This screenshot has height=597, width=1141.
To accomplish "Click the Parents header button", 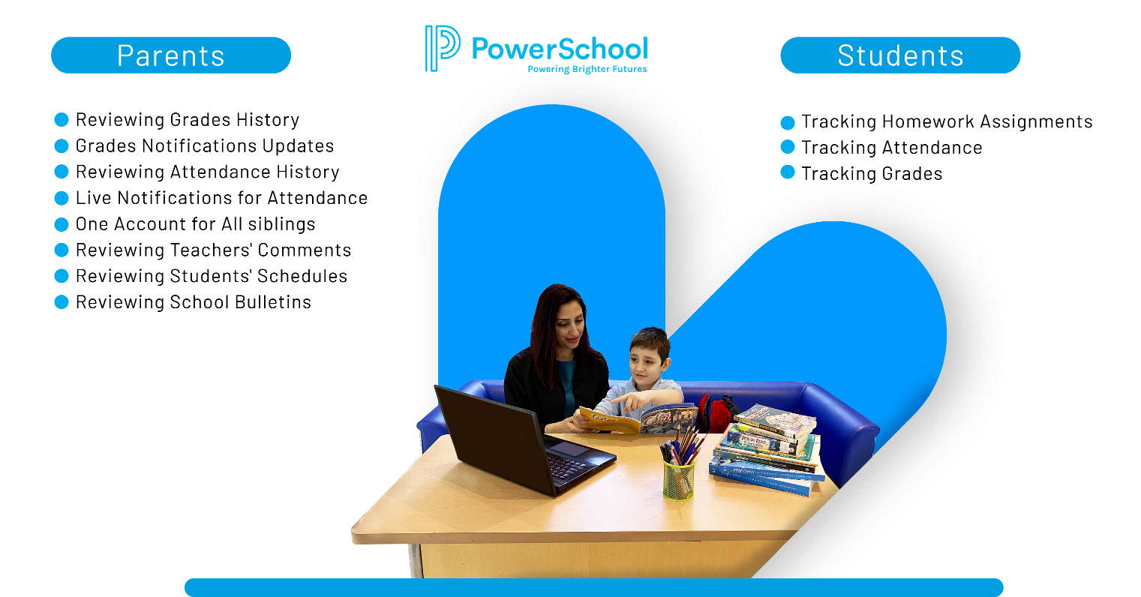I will point(171,55).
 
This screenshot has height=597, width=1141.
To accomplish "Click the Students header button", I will point(900,55).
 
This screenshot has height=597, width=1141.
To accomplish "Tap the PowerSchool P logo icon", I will point(442,48).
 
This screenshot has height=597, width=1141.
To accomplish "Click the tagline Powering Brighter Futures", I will point(587,69).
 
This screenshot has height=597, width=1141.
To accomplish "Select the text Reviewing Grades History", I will point(187,120).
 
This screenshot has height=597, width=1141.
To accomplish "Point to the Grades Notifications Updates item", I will point(204,146).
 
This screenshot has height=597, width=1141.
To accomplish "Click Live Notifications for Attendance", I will point(221,198).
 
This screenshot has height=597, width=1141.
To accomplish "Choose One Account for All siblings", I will point(195,224).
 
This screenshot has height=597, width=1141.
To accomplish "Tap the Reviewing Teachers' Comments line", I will point(213,250).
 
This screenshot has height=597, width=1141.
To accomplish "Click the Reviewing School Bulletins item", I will point(193,302).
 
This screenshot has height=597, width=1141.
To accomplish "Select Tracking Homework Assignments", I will point(946,121).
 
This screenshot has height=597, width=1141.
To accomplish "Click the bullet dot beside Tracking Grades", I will point(788,172).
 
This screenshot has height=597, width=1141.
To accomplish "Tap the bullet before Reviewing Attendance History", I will point(62,172).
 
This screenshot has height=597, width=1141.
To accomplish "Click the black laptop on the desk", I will point(518,442).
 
